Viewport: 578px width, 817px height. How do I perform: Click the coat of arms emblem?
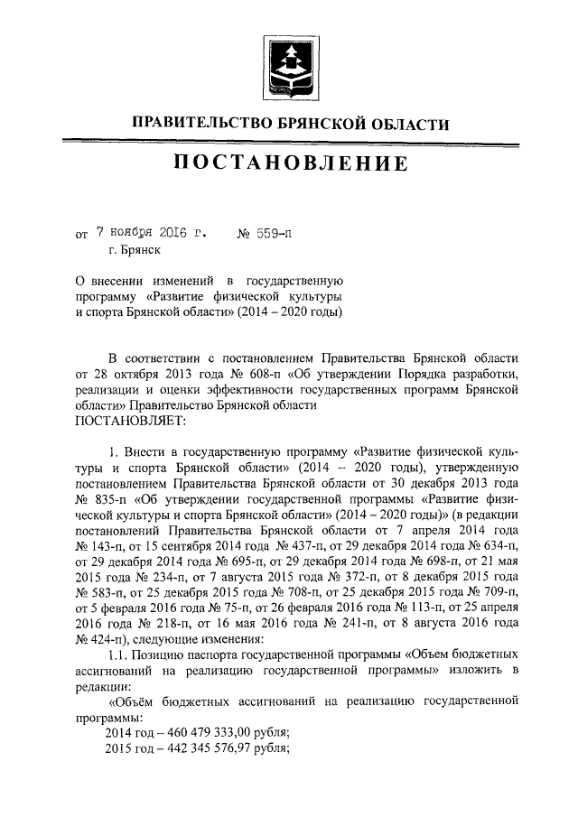pos(289,66)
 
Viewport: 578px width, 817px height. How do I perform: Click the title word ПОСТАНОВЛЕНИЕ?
pos(289,164)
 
